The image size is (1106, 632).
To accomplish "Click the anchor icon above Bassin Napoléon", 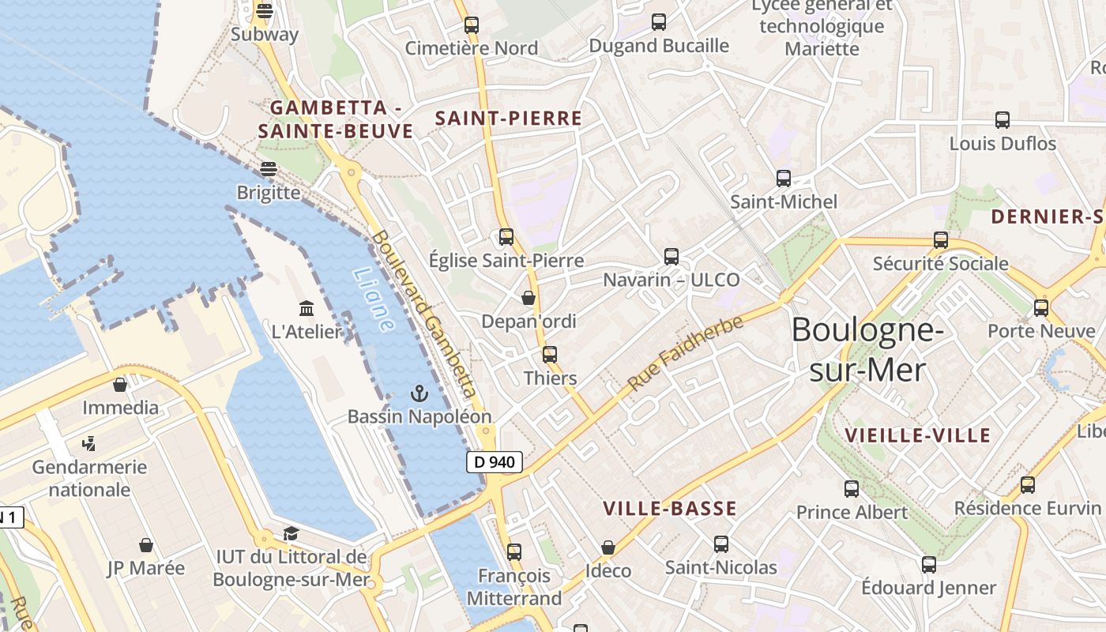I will click(x=419, y=393).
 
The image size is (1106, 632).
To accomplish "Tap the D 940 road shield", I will click(x=495, y=462).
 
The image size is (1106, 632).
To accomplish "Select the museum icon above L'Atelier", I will click(x=307, y=309).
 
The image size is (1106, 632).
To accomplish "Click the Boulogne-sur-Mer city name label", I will click(x=867, y=349).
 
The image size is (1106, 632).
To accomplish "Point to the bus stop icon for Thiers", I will click(x=550, y=355).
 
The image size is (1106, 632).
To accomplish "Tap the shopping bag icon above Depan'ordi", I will click(x=529, y=298).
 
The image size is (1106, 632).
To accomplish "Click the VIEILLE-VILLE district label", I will click(x=917, y=435).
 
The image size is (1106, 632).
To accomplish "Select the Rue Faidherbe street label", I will click(x=686, y=352).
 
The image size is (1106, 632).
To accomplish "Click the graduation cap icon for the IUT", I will click(x=291, y=534).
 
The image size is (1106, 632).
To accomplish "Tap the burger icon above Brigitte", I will click(x=269, y=168).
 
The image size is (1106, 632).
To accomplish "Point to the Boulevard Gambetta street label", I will click(x=425, y=314).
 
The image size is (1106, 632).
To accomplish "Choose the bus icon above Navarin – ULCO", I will click(x=671, y=256).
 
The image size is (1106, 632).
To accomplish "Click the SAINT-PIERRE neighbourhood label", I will click(x=509, y=118).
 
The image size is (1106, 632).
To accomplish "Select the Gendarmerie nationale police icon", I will click(x=89, y=444).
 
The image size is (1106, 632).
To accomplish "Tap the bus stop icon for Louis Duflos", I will click(x=1003, y=120).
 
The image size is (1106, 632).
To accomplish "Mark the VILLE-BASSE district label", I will click(x=670, y=509).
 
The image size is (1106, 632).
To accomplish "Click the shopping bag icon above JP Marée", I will click(x=146, y=545).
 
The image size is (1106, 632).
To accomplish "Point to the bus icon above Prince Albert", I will click(x=851, y=489).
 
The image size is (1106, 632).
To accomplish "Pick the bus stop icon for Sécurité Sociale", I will click(x=940, y=240).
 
